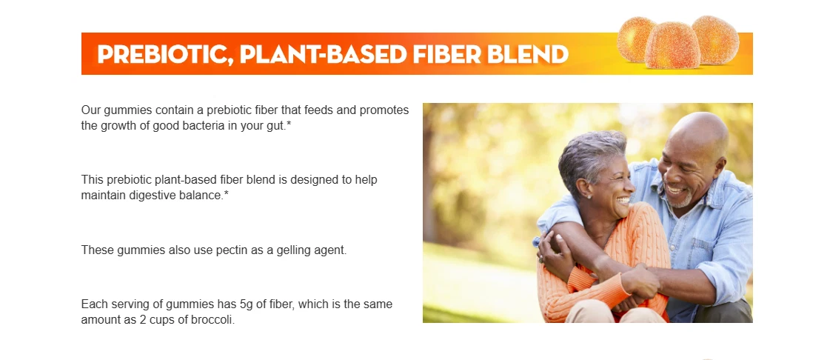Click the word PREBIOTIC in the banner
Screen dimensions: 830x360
pos(165,54)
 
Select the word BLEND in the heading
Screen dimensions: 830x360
pos(528,54)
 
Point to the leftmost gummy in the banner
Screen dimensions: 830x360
pos(636,39)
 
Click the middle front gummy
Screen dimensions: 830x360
pos(673,45)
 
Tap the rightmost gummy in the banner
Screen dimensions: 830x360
pos(716,40)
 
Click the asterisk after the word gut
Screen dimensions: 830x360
pos(289,124)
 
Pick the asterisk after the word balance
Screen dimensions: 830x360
pos(226,193)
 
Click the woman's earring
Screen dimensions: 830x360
pos(589,196)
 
